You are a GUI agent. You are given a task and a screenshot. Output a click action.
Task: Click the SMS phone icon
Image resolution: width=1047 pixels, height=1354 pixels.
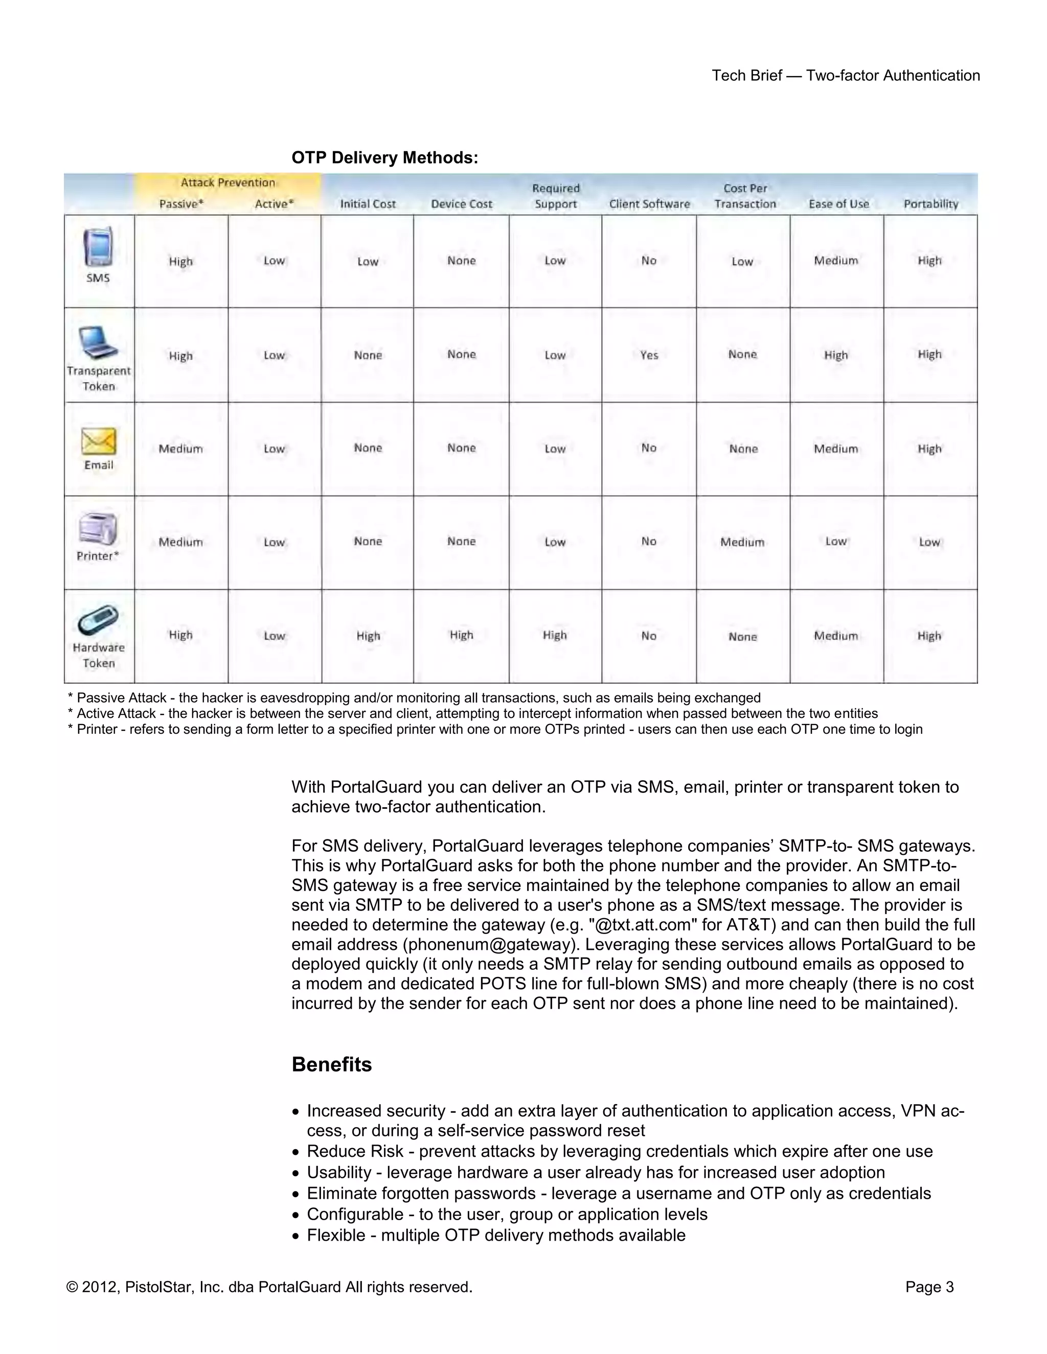point(98,247)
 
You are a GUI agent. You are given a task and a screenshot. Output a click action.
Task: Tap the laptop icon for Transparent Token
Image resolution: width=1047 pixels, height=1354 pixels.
point(98,342)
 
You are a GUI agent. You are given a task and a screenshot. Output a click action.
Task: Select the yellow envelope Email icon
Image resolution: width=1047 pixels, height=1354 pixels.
point(99,441)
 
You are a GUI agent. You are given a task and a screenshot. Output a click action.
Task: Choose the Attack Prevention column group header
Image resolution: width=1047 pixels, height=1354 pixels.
point(227,182)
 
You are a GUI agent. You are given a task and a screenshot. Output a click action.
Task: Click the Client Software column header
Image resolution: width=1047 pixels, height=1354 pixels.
point(649,204)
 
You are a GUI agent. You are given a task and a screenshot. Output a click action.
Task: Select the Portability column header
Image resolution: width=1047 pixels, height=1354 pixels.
point(930,204)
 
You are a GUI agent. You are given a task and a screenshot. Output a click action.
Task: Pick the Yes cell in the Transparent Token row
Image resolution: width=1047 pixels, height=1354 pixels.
point(649,355)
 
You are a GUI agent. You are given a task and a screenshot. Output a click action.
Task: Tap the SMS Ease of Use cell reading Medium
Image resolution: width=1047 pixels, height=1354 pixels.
point(836,261)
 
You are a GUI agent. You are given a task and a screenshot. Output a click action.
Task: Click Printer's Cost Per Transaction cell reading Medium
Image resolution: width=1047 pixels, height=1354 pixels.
point(742,543)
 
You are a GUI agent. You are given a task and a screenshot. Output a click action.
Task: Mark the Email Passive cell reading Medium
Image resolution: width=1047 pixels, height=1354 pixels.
point(180,449)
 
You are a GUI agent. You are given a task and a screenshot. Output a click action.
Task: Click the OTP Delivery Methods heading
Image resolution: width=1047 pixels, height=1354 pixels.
point(384,157)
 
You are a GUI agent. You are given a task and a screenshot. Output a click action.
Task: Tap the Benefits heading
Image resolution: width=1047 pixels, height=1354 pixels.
point(332,1064)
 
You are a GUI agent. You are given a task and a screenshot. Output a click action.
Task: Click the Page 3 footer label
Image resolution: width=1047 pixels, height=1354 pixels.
point(929,1287)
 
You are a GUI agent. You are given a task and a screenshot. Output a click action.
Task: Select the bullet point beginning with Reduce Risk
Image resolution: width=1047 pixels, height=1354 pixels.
point(619,1151)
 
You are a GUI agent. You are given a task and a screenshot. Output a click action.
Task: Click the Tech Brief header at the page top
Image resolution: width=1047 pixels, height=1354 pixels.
point(846,76)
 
